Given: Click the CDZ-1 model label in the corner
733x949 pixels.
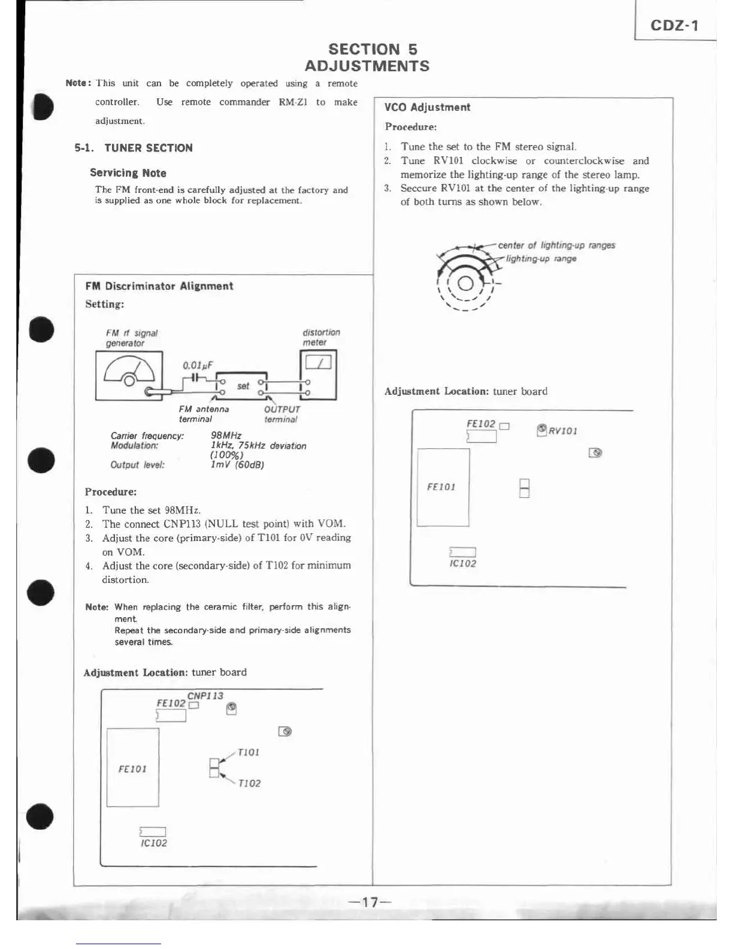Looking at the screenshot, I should coord(674,25).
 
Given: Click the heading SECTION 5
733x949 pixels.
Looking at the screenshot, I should coord(372,49).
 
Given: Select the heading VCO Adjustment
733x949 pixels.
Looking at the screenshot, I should coord(427,107).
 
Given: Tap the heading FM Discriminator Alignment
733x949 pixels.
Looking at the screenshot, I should coord(159,286).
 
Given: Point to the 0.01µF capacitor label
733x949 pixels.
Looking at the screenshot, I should coord(198,365).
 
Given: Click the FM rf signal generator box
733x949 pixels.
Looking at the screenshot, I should coord(129,376).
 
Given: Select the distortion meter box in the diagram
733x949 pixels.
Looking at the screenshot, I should coord(318,375).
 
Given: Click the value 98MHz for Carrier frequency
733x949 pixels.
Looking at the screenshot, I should coord(226,436).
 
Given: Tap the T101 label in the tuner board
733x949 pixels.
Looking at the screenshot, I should coord(249,752).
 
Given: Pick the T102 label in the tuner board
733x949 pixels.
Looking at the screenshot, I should coord(249,783).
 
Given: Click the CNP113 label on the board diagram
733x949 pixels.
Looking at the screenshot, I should coord(205,696).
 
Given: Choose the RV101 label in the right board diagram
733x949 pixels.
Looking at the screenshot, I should coord(563,431).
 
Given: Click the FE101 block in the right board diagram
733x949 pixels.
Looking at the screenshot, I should coord(443,487).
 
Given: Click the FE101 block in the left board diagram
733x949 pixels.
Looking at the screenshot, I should coord(133,768).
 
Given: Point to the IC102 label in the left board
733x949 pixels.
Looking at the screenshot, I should coord(154,843).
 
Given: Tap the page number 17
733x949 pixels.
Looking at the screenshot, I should coord(370,902).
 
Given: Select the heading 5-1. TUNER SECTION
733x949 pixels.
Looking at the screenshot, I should coord(134,148).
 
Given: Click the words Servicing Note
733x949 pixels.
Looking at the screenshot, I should coord(128,173).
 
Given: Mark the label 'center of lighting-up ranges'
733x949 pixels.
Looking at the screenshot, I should coord(556,245).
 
